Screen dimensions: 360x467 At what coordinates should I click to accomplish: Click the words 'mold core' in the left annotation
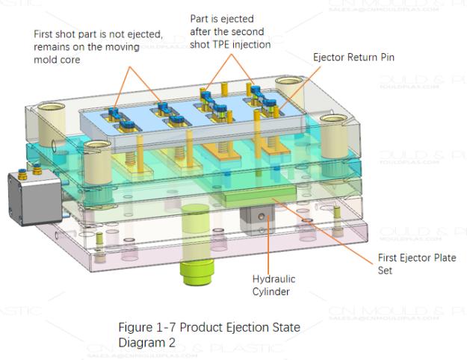pos(67,60)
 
